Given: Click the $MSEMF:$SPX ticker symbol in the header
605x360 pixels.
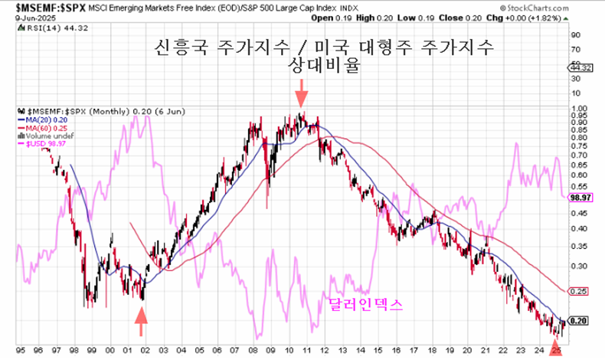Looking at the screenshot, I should pos(32,7).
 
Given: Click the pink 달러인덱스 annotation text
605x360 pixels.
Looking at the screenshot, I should pos(365,305).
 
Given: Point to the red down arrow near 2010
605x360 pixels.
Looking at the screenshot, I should pos(302,97).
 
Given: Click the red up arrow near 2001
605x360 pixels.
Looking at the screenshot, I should pos(141,322).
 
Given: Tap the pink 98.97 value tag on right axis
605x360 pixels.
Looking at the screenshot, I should pos(580,197).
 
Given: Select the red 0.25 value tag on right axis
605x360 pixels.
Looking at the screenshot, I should pos(579,292).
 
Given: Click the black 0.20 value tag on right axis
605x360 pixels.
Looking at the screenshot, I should pos(579,322).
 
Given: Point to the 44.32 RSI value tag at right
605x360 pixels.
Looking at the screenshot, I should pos(579,67).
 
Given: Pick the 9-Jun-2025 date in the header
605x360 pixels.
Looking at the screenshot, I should pos(25,15).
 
